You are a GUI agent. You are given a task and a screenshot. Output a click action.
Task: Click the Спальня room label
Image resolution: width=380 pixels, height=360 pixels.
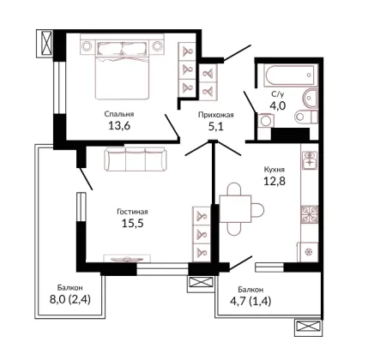pyautogui.click(x=119, y=114)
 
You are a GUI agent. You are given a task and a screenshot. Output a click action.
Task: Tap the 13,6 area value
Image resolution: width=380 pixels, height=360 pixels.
pyautogui.click(x=119, y=125)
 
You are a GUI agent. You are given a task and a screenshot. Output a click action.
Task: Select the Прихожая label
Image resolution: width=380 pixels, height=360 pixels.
pyautogui.click(x=216, y=115)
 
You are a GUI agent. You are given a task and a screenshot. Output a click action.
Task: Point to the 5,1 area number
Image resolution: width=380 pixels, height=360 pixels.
pyautogui.click(x=216, y=126)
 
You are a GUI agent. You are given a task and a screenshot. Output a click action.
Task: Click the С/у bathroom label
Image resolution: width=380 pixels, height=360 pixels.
pyautogui.click(x=278, y=94)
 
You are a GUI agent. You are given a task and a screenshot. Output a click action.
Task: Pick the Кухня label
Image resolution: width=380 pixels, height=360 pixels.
pyautogui.click(x=274, y=170)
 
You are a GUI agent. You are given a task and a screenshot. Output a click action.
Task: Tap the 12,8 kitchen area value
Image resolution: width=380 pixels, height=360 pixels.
pyautogui.click(x=274, y=181)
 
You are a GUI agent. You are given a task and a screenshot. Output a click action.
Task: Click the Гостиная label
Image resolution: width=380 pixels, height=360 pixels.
pyautogui.click(x=132, y=212)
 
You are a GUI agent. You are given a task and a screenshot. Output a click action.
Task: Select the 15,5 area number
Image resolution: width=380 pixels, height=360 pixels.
pyautogui.click(x=133, y=223)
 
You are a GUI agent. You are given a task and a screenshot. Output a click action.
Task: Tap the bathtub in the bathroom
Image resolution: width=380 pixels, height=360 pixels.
pyautogui.click(x=291, y=75)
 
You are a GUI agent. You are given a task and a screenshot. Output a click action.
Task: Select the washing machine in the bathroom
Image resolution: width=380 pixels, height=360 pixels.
pyautogui.click(x=266, y=120)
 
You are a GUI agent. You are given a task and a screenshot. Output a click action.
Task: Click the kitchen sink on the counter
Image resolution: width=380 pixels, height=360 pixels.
pyautogui.click(x=310, y=160)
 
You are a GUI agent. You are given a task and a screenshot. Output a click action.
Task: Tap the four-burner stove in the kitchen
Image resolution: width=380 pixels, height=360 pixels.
pyautogui.click(x=310, y=214)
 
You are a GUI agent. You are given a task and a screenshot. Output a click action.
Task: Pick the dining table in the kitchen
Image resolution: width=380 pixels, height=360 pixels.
pyautogui.click(x=235, y=209)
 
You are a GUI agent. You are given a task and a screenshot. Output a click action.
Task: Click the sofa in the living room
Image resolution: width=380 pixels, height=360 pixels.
pyautogui.click(x=136, y=159)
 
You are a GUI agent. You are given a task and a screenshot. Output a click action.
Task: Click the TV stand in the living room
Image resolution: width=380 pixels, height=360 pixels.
pyautogui.click(x=127, y=258)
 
